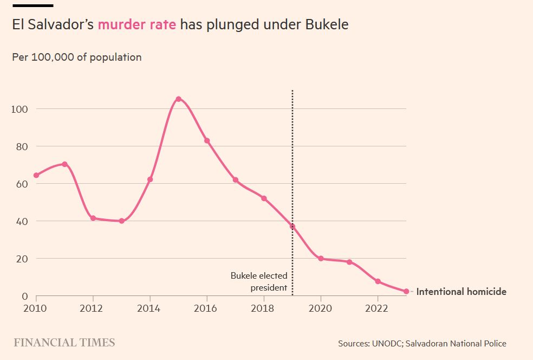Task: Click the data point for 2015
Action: click(178, 99)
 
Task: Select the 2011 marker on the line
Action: click(64, 164)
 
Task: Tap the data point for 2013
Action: click(121, 221)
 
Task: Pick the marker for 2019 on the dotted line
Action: click(292, 227)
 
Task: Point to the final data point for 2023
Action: click(406, 292)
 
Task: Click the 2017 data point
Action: click(236, 180)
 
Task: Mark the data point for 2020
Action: click(321, 259)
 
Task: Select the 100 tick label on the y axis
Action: click(19, 109)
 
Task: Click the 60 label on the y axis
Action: click(22, 184)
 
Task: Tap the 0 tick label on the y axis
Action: click(24, 296)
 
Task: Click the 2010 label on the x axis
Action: click(36, 308)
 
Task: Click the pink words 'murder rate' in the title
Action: click(136, 25)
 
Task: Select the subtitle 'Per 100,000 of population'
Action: click(77, 57)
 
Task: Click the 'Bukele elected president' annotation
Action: click(259, 281)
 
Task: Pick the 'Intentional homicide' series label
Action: click(461, 292)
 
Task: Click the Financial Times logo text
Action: click(64, 343)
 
